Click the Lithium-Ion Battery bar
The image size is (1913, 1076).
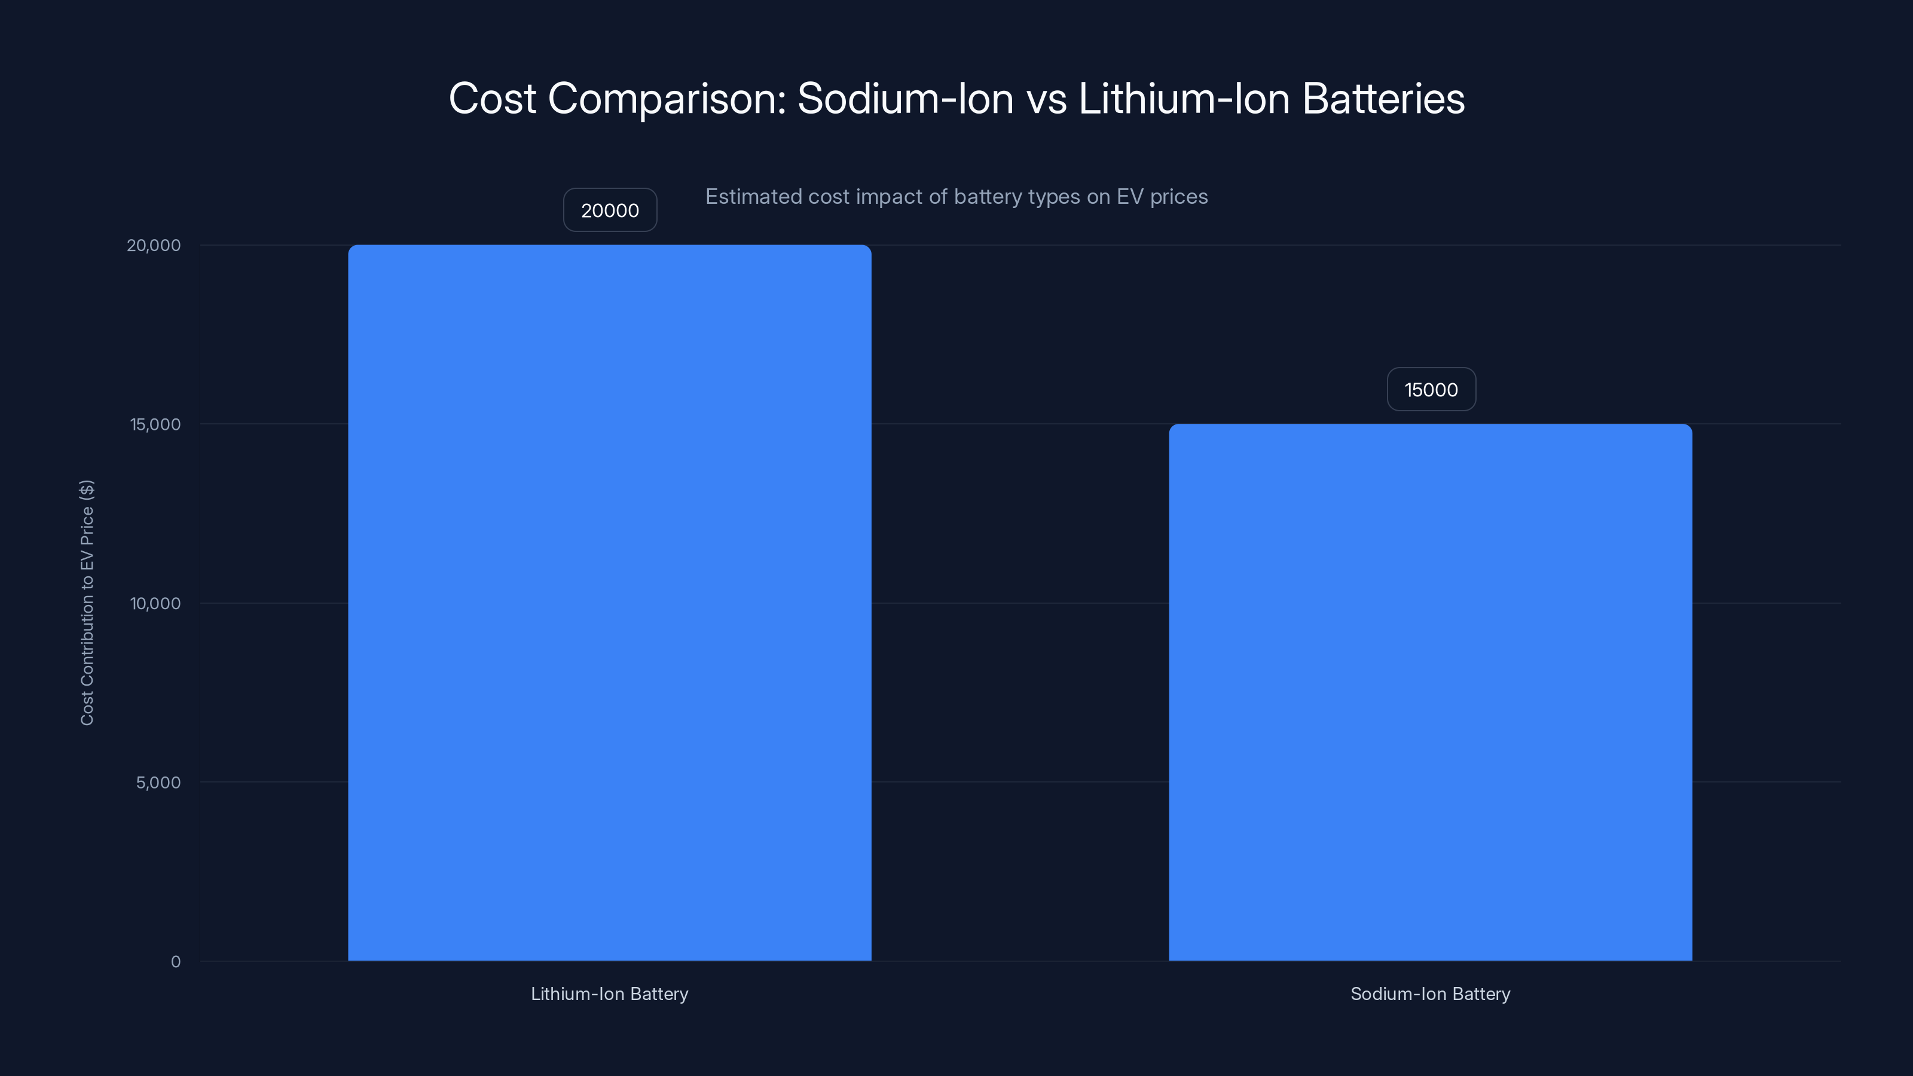(x=609, y=602)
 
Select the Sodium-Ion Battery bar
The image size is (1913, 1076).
(x=1431, y=692)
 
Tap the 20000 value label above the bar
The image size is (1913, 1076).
(x=610, y=210)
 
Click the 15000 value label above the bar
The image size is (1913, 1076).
(x=1431, y=390)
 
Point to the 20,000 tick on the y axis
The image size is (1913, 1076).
(x=154, y=246)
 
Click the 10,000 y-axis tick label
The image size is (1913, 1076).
(x=155, y=604)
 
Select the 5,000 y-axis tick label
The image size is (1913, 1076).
(x=158, y=782)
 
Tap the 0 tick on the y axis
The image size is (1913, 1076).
(x=175, y=962)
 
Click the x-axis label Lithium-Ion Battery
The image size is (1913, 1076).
(x=609, y=994)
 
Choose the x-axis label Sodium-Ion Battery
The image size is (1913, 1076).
(x=1431, y=994)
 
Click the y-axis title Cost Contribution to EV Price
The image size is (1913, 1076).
(x=87, y=602)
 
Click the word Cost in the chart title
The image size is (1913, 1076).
(x=491, y=99)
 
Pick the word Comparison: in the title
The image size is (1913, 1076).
(x=666, y=99)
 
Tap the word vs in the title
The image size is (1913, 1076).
(x=1046, y=99)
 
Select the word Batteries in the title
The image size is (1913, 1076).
(x=1383, y=99)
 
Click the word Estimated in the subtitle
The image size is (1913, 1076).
(x=753, y=197)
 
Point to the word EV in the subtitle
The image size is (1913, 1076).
(x=1129, y=197)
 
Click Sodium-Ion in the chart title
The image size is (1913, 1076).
(x=905, y=99)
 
